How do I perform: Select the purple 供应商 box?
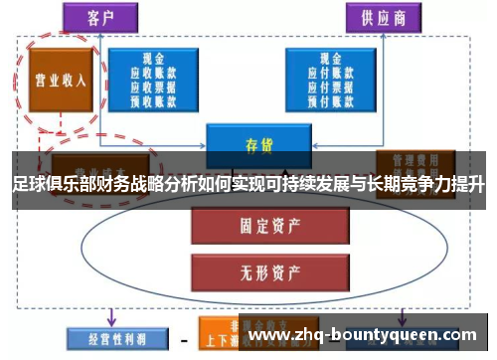coord(382,18)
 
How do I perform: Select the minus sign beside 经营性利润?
coord(184,337)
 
